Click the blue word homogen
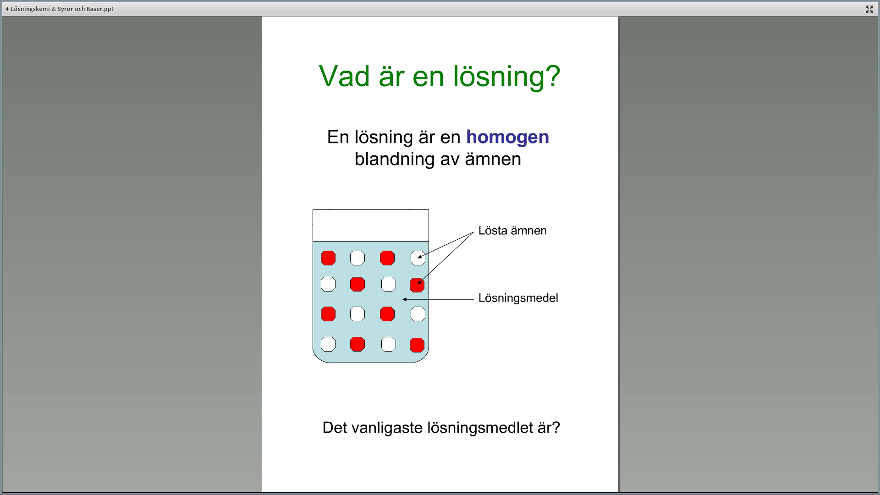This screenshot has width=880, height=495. (x=507, y=137)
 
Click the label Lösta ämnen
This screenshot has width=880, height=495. (x=512, y=231)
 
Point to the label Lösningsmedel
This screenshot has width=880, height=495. (x=518, y=298)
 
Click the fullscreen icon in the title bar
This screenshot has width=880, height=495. (x=869, y=9)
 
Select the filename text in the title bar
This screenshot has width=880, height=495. (x=60, y=9)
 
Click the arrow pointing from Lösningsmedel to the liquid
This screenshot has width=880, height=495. (x=438, y=300)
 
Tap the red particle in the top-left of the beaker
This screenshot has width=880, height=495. (x=328, y=258)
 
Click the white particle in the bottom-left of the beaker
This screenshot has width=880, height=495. (x=328, y=344)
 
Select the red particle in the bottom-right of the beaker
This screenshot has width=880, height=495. (x=417, y=345)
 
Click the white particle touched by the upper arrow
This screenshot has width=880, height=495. (x=418, y=258)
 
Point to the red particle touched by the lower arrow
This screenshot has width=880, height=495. (x=417, y=285)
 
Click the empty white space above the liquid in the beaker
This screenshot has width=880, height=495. (x=371, y=225)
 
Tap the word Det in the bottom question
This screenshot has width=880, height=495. (x=335, y=428)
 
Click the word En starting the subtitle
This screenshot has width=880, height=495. (x=338, y=137)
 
